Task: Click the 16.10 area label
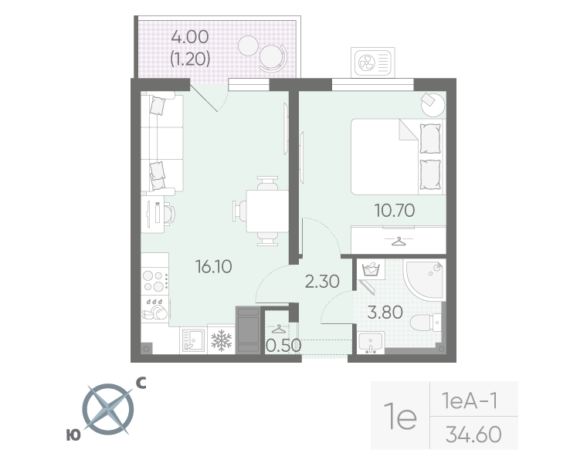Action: [213, 267]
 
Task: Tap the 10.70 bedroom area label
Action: [395, 210]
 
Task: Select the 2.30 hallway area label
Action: [322, 281]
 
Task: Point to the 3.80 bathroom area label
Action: [385, 313]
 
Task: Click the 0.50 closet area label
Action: [283, 346]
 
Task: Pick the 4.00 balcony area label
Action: [190, 37]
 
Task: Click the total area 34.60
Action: [473, 434]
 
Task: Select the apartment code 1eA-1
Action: [470, 400]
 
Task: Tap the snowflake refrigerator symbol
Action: [221, 340]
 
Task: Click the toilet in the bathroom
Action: [426, 322]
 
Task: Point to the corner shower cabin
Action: [425, 280]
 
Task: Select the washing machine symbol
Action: [371, 269]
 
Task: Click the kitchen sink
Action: [193, 340]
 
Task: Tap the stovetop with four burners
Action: [154, 281]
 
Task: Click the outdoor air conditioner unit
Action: [372, 62]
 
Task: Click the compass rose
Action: [108, 409]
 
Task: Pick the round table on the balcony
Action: [248, 46]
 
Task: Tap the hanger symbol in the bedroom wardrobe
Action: [399, 242]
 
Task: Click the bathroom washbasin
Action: [371, 343]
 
